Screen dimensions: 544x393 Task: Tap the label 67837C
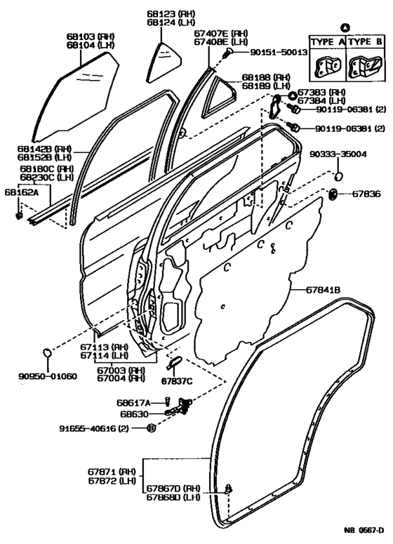[176, 381]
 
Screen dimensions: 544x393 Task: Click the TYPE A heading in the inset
[325, 41]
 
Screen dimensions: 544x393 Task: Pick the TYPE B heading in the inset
[366, 41]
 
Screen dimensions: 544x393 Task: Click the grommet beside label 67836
[333, 193]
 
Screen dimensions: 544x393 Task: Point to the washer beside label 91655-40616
[151, 427]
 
